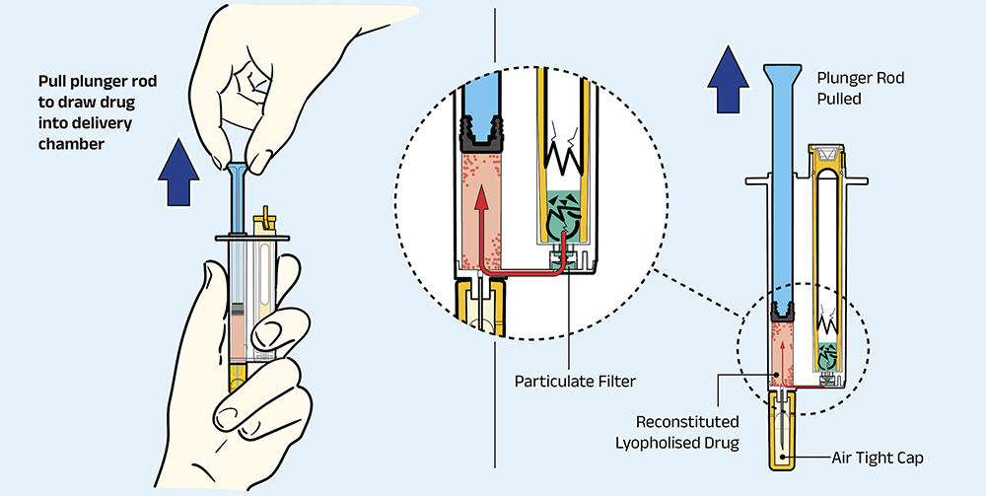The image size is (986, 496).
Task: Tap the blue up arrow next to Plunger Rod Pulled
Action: point(729,79)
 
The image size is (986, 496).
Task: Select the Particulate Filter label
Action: point(575,381)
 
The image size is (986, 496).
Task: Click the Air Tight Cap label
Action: point(878,459)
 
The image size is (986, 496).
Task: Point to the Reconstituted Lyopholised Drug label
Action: point(676,432)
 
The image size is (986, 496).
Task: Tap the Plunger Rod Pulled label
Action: point(852,89)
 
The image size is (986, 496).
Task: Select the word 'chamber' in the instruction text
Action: point(71,143)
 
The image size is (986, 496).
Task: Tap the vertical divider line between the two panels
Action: point(495,238)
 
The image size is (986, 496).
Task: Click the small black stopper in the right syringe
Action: point(782,311)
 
